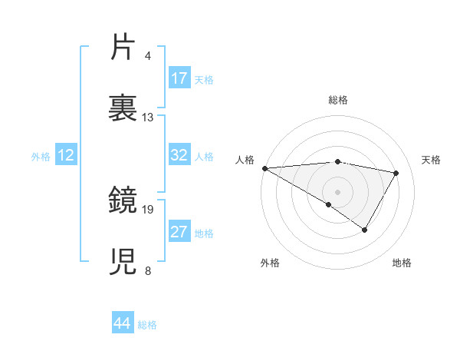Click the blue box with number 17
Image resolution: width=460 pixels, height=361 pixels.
coord(179,78)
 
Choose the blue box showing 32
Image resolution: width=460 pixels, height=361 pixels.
coord(179,155)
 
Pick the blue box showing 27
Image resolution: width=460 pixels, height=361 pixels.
coord(179,232)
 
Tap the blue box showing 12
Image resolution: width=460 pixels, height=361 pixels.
coord(66,155)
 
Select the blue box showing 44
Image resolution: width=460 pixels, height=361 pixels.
coord(123,323)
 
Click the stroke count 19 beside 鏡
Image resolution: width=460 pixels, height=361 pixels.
coord(148,209)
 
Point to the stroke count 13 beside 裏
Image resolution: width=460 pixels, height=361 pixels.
coord(148,118)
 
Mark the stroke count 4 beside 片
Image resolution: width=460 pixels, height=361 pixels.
coord(148,56)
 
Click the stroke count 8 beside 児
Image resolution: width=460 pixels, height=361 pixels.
coord(148,270)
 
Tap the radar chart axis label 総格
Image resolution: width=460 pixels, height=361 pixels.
coord(338,100)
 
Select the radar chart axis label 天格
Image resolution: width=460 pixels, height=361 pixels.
coord(431,160)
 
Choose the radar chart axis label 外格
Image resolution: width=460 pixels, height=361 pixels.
coord(270,263)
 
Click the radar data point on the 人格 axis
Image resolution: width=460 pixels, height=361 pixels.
coord(264,168)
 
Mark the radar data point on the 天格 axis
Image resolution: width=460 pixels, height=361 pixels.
coord(396,173)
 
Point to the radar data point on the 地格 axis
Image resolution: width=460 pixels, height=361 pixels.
coord(365,229)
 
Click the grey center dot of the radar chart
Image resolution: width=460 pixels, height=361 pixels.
coord(338,191)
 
